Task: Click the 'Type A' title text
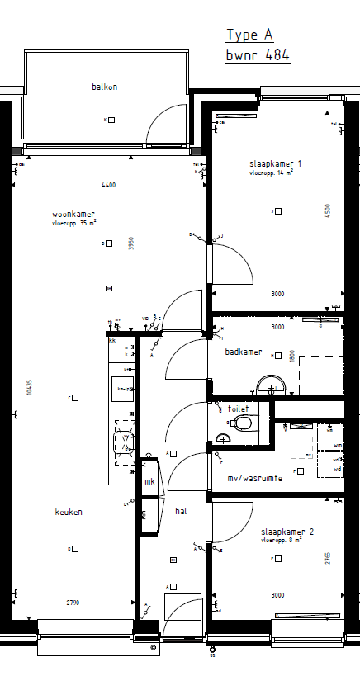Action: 249,35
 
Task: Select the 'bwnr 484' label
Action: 258,55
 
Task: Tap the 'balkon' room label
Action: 104,87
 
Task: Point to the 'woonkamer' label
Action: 72,214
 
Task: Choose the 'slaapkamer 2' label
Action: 287,531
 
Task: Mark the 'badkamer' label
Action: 244,352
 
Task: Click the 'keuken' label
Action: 69,512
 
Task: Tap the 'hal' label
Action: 180,511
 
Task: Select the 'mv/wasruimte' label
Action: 255,478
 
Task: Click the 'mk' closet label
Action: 149,481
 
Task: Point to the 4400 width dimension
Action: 108,184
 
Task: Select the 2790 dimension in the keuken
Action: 73,603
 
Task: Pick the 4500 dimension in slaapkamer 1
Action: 328,210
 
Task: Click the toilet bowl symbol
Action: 243,423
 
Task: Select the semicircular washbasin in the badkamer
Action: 270,384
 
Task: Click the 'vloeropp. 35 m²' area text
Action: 74,223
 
